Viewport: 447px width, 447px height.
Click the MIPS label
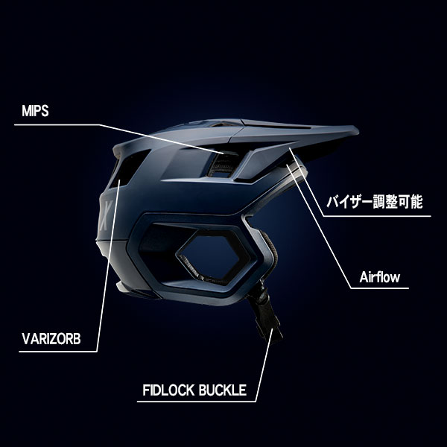tap(36, 110)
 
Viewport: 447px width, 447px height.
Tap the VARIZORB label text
tap(49, 342)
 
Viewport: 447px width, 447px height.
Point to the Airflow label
tap(378, 277)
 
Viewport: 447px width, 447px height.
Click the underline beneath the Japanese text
tap(380, 215)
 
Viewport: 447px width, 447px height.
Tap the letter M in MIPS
tap(24, 110)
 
